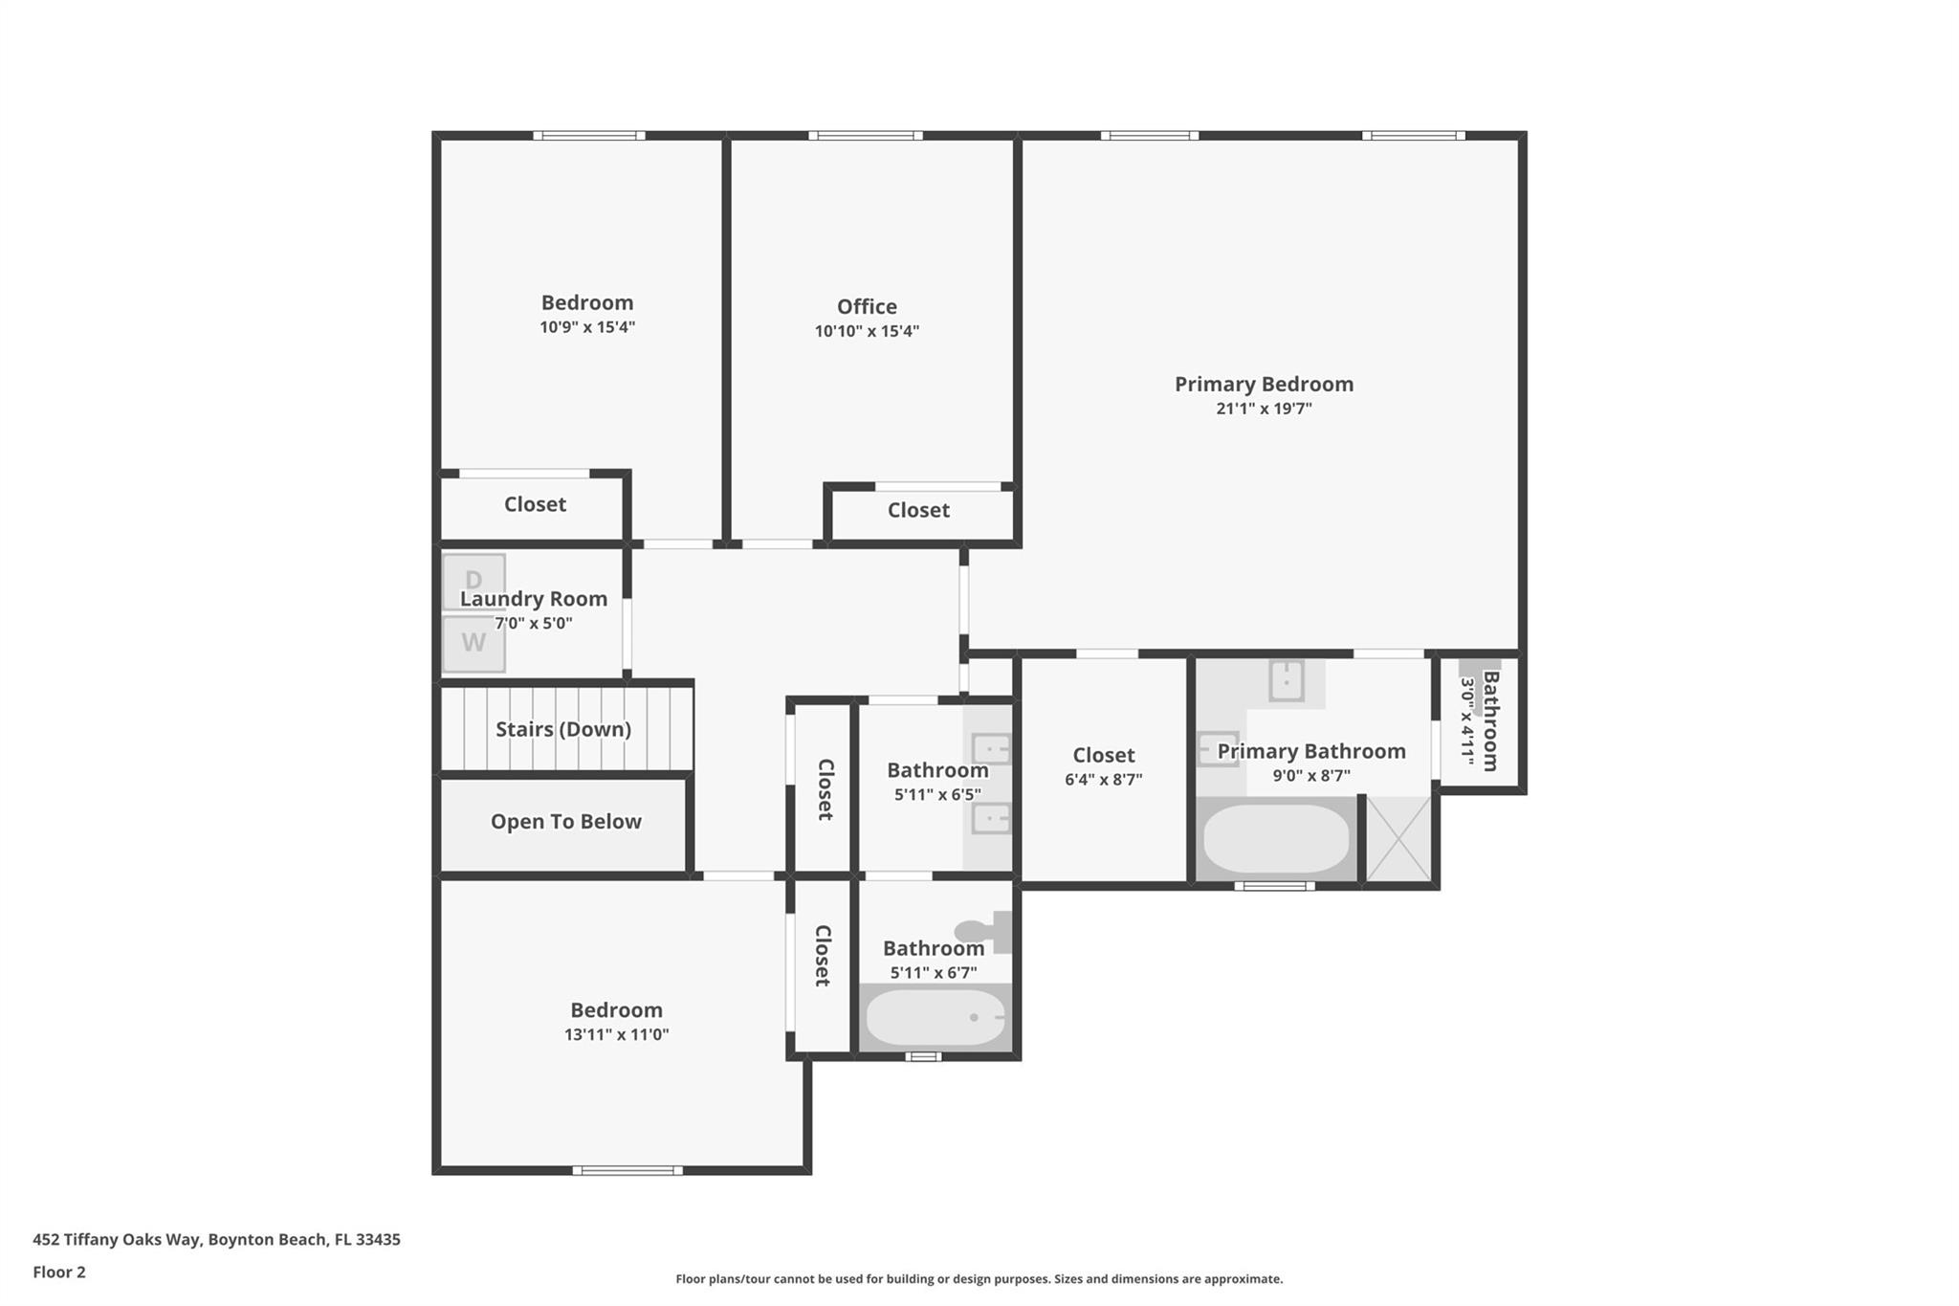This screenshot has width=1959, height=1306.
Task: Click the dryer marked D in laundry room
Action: (x=473, y=581)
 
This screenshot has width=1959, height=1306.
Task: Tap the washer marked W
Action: (x=473, y=643)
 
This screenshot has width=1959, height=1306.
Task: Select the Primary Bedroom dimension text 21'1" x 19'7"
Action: (x=1264, y=409)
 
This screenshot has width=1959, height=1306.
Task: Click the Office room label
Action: (x=867, y=306)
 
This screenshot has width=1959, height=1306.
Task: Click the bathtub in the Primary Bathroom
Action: (x=1276, y=838)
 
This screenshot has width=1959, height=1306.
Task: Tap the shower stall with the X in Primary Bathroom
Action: (x=1398, y=838)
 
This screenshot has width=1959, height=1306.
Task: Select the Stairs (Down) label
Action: (x=563, y=729)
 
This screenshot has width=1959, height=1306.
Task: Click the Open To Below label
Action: (x=565, y=822)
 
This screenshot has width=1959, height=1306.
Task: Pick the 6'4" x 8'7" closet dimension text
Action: (x=1103, y=780)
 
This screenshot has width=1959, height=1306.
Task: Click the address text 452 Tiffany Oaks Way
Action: (x=117, y=1239)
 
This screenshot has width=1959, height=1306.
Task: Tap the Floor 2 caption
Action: (x=59, y=1272)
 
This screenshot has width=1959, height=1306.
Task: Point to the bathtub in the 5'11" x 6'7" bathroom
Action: (x=935, y=1017)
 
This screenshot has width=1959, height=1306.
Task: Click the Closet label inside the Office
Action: (x=918, y=510)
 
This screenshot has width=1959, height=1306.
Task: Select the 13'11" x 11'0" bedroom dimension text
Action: (x=616, y=1034)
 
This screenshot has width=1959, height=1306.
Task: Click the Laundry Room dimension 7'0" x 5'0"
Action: (x=533, y=623)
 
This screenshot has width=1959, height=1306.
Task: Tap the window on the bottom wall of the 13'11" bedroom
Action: (x=627, y=1170)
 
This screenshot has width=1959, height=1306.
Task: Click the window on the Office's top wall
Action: (x=866, y=136)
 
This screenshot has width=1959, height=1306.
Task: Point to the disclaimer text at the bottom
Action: (x=979, y=1279)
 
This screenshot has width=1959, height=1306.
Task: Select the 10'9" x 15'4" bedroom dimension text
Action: (x=587, y=327)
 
